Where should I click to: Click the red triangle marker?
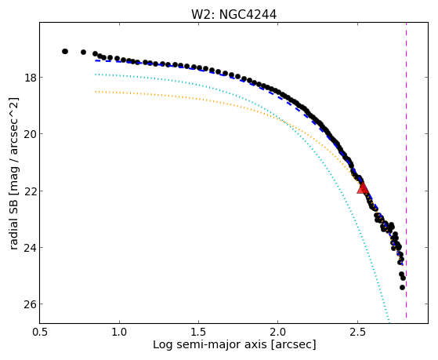(x=363, y=188)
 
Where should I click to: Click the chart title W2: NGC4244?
(x=233, y=15)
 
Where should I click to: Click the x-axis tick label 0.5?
(x=40, y=333)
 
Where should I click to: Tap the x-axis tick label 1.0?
(x=119, y=333)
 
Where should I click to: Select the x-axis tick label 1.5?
(x=198, y=333)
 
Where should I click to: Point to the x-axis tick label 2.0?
(x=278, y=333)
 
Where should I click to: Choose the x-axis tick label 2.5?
(x=357, y=333)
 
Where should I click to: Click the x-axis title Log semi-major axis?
(x=210, y=345)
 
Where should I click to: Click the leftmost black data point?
(x=65, y=52)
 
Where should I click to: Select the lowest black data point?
(x=402, y=287)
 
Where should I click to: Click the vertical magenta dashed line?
(x=406, y=170)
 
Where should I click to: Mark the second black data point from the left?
(x=83, y=52)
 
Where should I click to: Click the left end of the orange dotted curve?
(x=96, y=92)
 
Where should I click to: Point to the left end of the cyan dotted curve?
(x=96, y=75)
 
